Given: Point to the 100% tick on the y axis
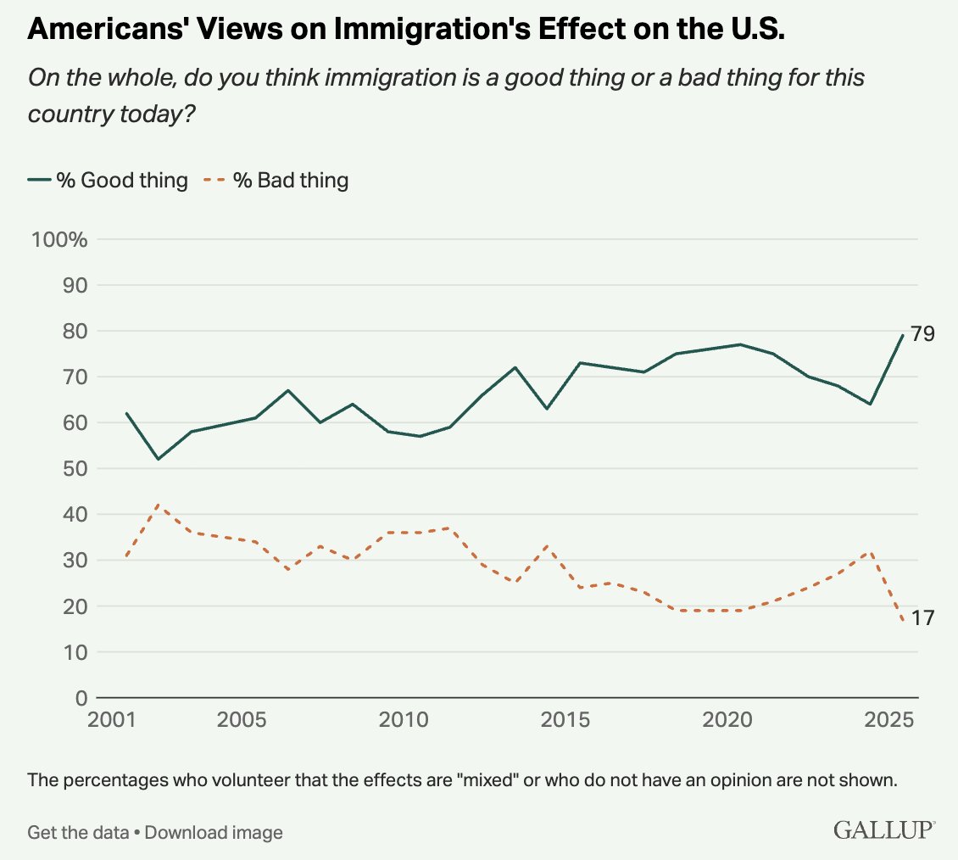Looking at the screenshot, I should (x=59, y=239).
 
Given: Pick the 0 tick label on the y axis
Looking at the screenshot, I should (x=81, y=698).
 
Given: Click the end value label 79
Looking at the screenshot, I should (x=923, y=334).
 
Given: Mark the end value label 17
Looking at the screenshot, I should (x=923, y=619).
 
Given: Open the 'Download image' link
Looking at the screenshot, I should (x=214, y=832).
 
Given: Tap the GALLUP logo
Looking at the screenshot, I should (x=884, y=829).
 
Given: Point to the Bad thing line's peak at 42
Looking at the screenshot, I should (x=158, y=505).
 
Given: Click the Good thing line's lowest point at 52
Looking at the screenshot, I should (x=158, y=459).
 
